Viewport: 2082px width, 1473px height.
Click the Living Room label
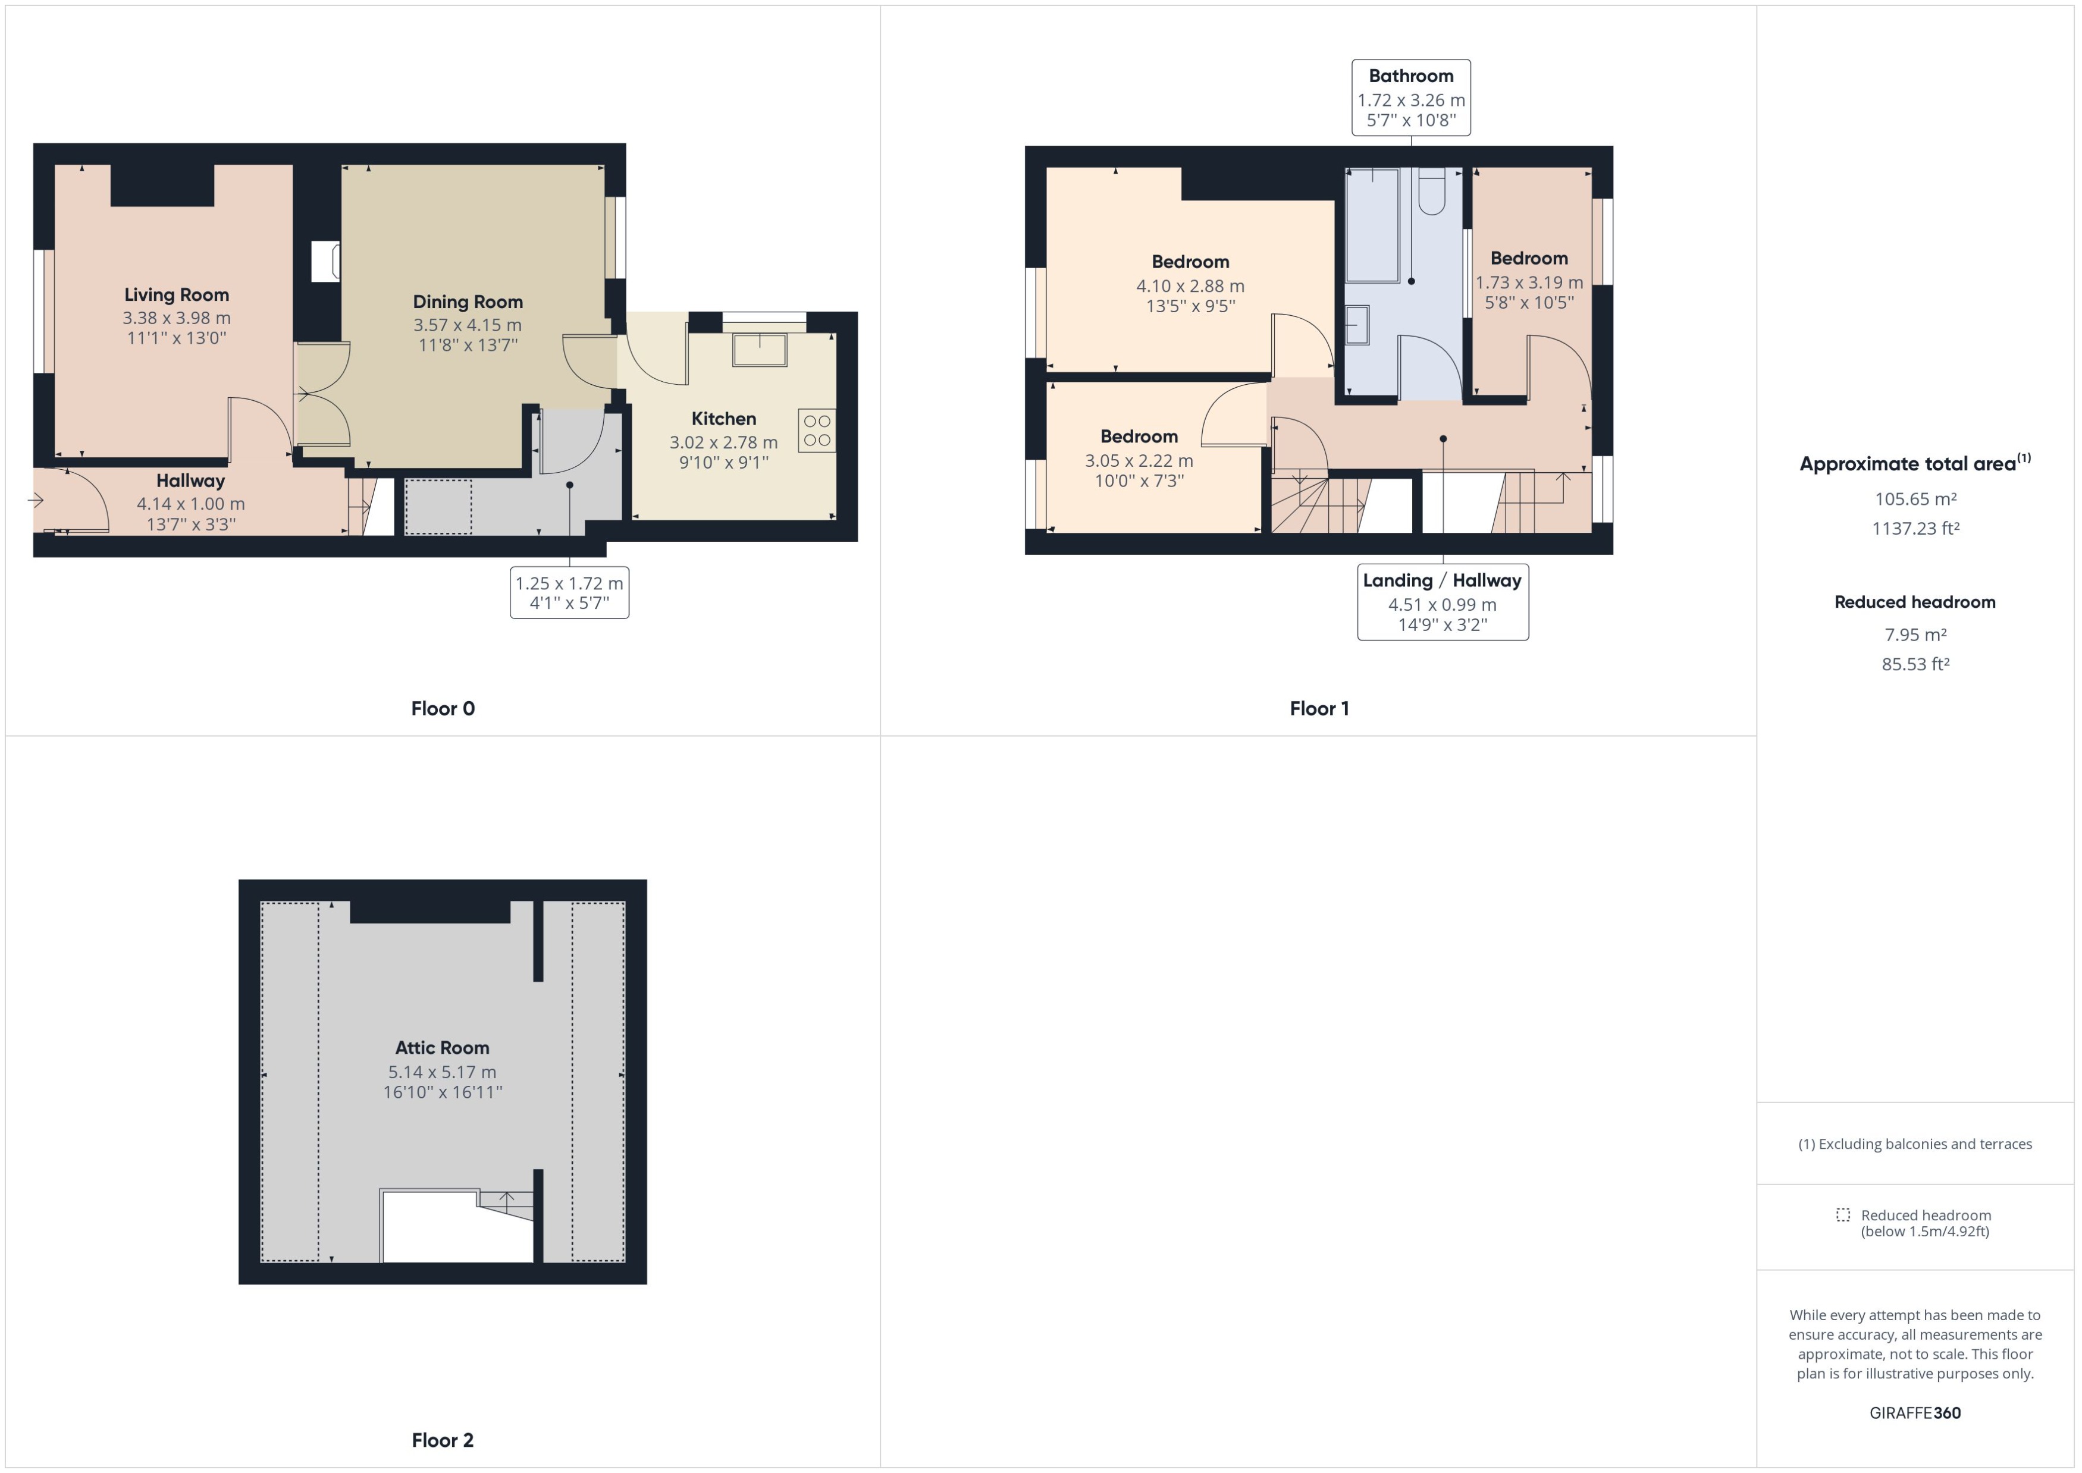point(176,295)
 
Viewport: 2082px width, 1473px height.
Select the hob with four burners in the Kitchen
point(817,431)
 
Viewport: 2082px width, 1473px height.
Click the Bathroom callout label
point(1410,76)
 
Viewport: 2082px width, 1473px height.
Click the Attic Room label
point(442,1048)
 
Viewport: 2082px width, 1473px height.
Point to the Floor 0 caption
point(443,708)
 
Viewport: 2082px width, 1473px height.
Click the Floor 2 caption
point(443,1440)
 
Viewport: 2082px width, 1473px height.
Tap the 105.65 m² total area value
point(1915,499)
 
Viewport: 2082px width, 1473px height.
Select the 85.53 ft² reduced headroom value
point(1915,664)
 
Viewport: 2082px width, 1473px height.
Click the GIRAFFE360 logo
point(1915,1412)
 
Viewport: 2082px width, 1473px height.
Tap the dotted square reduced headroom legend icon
point(1842,1214)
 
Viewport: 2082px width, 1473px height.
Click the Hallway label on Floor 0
point(190,480)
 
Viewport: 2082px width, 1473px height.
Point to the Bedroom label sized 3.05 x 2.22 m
point(1139,436)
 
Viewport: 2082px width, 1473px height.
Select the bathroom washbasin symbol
point(1357,325)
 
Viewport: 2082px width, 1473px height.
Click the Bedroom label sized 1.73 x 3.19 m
point(1529,259)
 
